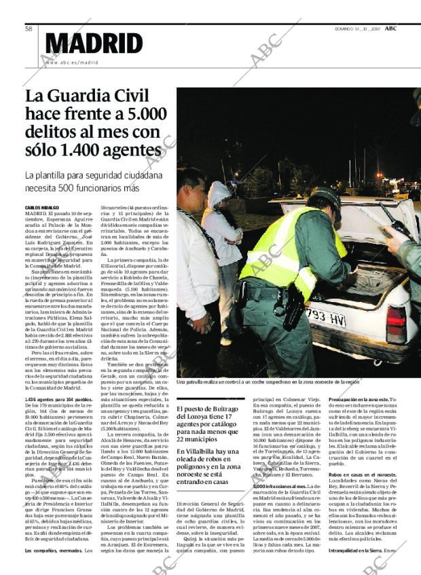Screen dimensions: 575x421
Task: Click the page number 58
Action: click(x=30, y=29)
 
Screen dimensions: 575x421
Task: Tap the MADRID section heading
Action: click(x=94, y=44)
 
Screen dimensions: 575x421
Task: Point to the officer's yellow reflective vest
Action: click(x=285, y=248)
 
